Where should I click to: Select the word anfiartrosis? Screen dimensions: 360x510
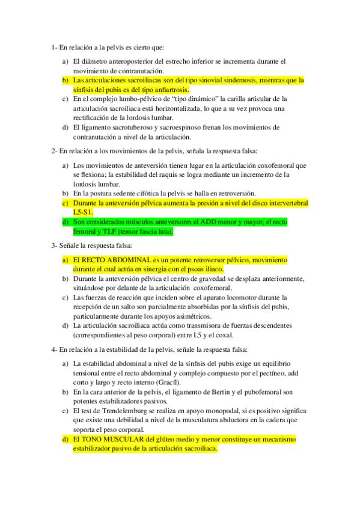tap(168, 88)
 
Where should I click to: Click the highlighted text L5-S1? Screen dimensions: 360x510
tap(83, 213)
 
